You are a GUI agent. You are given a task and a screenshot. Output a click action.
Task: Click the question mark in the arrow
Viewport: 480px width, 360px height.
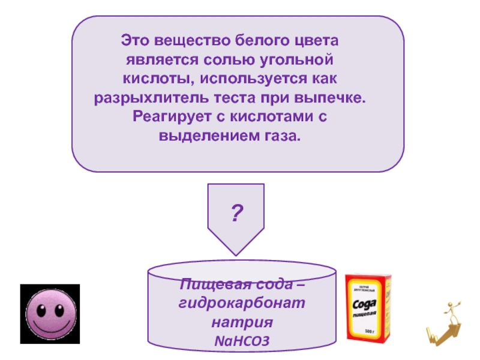coord(237,213)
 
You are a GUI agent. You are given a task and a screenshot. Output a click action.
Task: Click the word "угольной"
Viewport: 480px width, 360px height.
coord(302,61)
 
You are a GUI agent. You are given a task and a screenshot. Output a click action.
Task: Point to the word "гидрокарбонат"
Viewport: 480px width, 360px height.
coord(242,304)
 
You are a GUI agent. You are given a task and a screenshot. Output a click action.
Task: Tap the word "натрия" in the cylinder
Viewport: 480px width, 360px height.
coord(242,322)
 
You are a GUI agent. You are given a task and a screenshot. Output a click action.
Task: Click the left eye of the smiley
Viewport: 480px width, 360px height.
coord(41,310)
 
